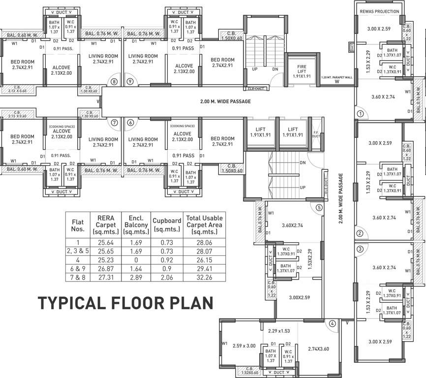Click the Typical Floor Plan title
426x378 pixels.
click(125, 303)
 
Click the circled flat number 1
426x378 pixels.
click(360, 114)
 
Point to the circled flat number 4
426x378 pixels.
click(333, 323)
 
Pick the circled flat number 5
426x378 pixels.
click(319, 207)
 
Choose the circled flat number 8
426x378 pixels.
click(114, 82)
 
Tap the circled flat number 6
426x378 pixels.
click(130, 123)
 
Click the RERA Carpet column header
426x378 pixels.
click(106, 225)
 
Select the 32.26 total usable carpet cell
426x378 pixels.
click(204, 277)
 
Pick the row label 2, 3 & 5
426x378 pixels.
click(78, 251)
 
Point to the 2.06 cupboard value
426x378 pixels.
click(167, 277)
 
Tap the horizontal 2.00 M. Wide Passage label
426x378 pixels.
click(225, 101)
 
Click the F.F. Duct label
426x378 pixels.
click(316, 134)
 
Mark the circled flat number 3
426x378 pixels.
click(360, 249)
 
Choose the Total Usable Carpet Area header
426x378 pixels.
click(204, 225)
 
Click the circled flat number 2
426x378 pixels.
click(360, 233)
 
